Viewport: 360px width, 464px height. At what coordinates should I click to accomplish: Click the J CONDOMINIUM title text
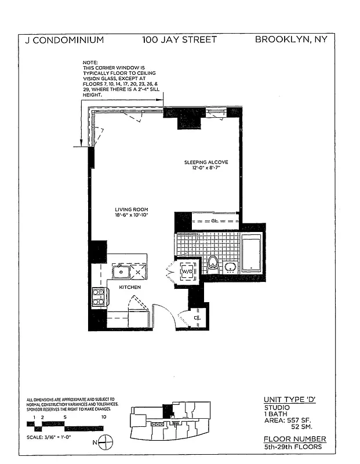65,40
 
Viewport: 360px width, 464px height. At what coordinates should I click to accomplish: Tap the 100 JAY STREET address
179,40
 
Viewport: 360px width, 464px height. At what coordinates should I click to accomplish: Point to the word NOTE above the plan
90,63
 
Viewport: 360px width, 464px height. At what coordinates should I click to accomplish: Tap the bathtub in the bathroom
252,253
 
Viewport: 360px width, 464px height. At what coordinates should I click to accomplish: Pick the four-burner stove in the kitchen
99,296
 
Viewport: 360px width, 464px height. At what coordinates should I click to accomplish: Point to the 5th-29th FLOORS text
292,447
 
